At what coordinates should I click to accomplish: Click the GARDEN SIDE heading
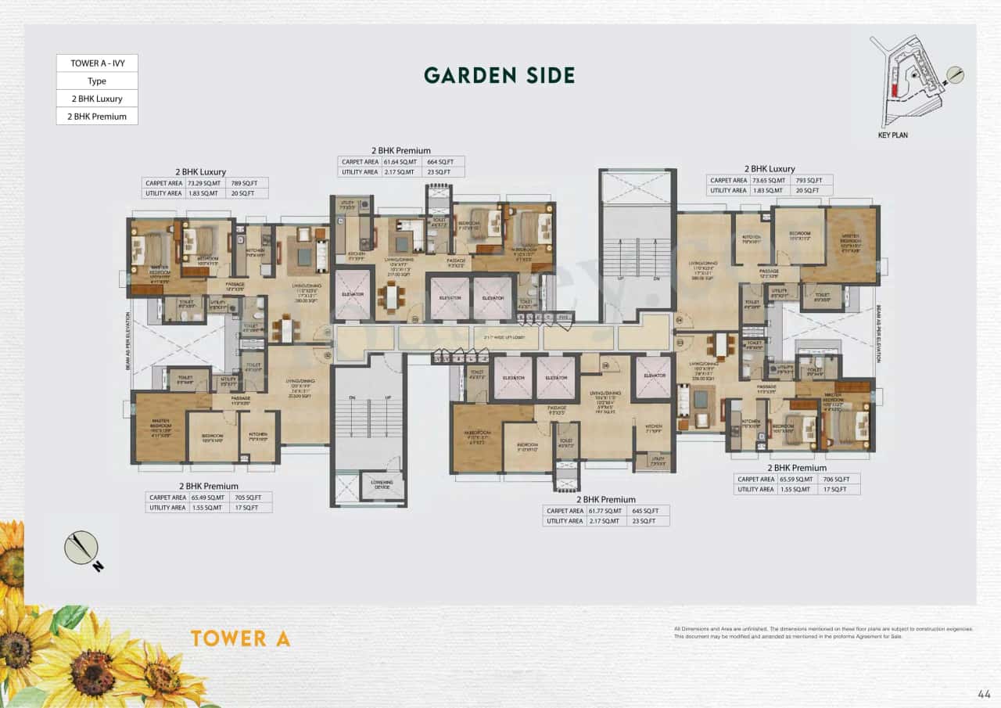coord(499,75)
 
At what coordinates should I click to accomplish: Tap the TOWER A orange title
coord(240,638)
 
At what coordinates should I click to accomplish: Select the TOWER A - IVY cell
coord(97,63)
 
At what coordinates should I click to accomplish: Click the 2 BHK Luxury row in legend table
coord(97,99)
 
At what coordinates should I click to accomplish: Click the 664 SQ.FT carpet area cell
coord(443,162)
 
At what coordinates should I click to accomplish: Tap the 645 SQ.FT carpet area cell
coord(646,510)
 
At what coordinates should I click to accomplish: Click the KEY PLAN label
coord(893,135)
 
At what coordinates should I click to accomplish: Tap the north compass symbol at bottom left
coord(82,548)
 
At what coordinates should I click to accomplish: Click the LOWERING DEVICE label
coord(382,483)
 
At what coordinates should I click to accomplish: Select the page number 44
coord(984,693)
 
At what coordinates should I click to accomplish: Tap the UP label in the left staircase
coord(386,398)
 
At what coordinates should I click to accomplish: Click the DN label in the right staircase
coord(656,278)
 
